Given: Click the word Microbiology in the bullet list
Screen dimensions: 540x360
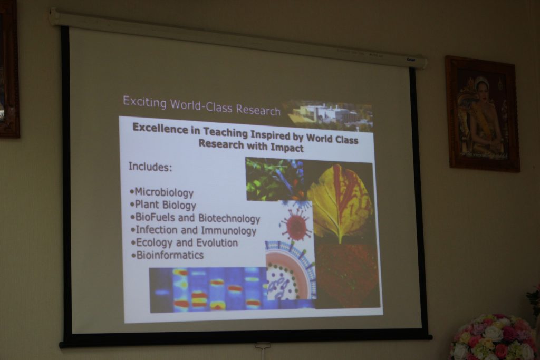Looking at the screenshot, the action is tap(164, 192).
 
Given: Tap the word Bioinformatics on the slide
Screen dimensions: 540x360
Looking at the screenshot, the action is tap(170, 255).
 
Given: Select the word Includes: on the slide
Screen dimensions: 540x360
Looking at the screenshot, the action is tap(150, 167).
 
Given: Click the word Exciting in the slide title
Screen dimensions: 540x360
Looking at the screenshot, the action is tap(144, 102).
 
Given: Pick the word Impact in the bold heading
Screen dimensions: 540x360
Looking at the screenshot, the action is tap(287, 148).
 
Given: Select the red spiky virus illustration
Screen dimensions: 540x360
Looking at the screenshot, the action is tap(295, 225).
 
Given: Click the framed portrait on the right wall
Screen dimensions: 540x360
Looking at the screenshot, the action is tap(483, 114).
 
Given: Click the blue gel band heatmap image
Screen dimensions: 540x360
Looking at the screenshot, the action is tap(208, 290).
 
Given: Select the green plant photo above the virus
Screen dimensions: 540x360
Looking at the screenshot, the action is tap(275, 179).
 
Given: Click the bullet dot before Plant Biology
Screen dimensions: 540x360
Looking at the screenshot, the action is tap(132, 205).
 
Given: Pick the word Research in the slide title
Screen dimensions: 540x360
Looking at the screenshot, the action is tap(258, 110).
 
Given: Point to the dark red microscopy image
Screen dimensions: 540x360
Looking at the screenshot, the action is tap(348, 275).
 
